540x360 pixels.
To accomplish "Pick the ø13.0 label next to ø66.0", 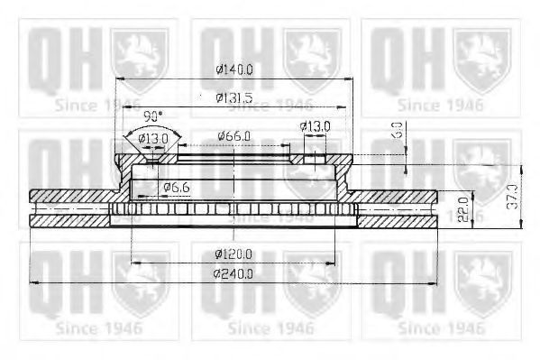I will click(x=315, y=126).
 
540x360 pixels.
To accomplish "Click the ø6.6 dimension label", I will click(x=176, y=187).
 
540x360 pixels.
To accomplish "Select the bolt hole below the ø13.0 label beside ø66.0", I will click(x=315, y=163).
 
